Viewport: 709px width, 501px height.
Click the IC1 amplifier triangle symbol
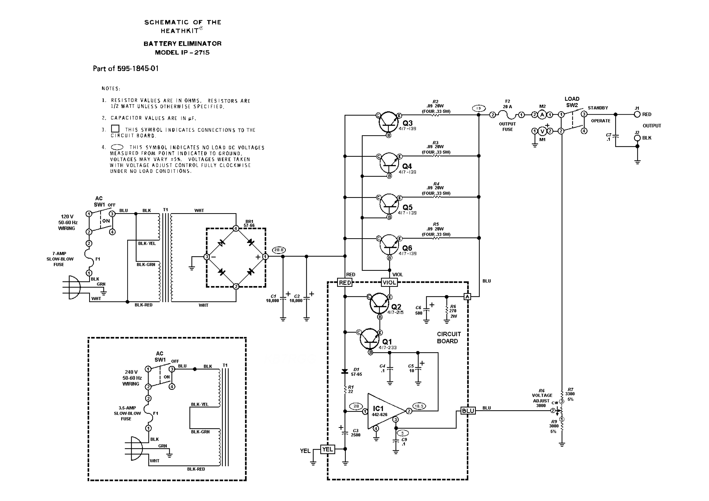(384, 411)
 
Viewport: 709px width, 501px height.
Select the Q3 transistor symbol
(388, 122)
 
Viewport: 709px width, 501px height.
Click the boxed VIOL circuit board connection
(389, 282)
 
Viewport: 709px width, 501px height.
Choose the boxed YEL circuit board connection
(327, 449)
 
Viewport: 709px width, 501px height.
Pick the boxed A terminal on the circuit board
(467, 297)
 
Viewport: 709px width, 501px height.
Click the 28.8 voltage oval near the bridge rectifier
(279, 250)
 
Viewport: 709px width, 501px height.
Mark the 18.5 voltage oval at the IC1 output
(419, 406)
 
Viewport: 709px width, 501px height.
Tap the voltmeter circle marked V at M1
(542, 131)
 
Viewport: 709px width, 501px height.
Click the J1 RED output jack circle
(637, 114)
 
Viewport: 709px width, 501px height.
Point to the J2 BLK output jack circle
(637, 138)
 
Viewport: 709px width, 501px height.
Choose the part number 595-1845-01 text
(138, 69)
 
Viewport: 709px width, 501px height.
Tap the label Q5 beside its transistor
(407, 207)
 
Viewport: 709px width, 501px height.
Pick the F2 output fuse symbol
(507, 115)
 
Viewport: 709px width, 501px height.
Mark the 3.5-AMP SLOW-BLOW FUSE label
(127, 413)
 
